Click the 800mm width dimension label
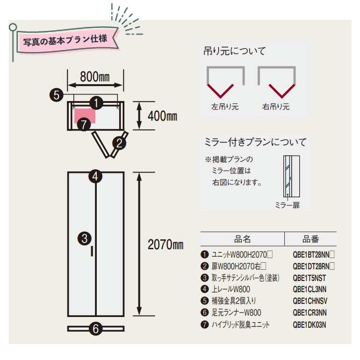[95, 77]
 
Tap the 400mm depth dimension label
[163, 116]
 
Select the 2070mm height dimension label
[166, 245]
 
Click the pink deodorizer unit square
[85, 116]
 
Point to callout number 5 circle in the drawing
[56, 95]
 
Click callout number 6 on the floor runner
[96, 329]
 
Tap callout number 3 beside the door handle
[85, 238]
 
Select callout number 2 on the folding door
[119, 143]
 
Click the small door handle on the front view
[92, 251]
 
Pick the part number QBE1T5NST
[309, 278]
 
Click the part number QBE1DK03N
[309, 325]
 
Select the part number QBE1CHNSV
[310, 301]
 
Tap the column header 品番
[310, 239]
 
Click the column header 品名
[242, 239]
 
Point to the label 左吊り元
[225, 107]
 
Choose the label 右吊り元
[276, 107]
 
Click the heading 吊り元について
[234, 51]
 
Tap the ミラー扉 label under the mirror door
[288, 205]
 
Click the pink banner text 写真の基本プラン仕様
[65, 40]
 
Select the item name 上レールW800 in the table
[230, 289]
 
